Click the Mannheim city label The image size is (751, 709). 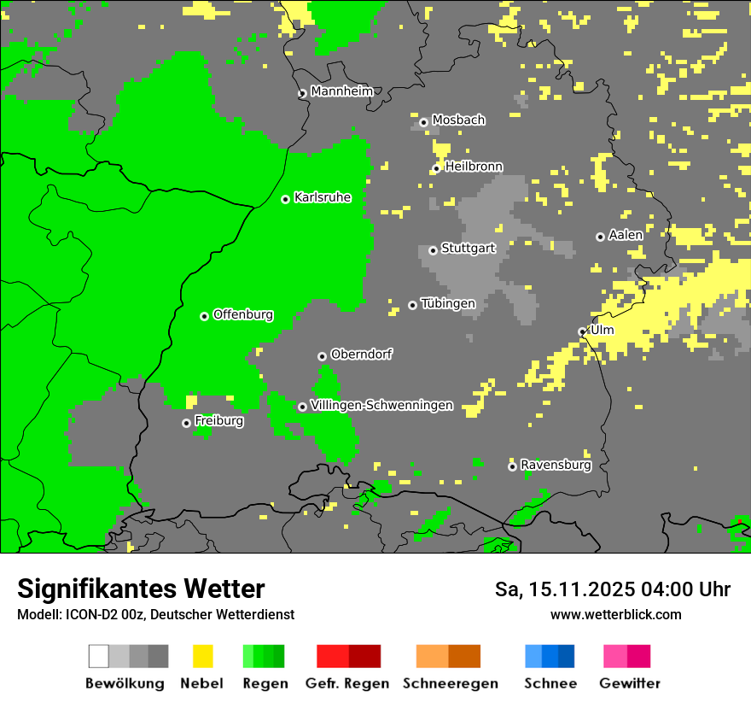tap(341, 91)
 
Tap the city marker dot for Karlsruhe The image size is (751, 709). tap(286, 199)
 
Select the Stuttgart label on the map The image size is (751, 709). tap(469, 249)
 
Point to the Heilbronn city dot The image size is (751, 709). tap(437, 168)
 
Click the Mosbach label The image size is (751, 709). tap(458, 120)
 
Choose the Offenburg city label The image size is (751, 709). tap(243, 314)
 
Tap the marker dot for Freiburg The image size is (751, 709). tap(186, 423)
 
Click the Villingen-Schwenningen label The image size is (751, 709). tap(381, 405)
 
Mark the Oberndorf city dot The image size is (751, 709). tap(322, 356)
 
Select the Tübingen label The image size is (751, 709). tap(448, 303)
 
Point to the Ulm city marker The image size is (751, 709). tap(583, 331)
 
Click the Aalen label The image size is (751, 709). tap(626, 235)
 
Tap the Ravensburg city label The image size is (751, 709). tap(556, 465)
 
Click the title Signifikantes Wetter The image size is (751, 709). tap(141, 589)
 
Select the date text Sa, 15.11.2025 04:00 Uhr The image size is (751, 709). tap(613, 589)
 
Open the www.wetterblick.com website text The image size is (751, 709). tap(615, 614)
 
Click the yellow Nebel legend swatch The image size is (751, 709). tap(203, 656)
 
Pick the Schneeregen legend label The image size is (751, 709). tap(451, 683)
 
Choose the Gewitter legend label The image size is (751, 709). tap(630, 683)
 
